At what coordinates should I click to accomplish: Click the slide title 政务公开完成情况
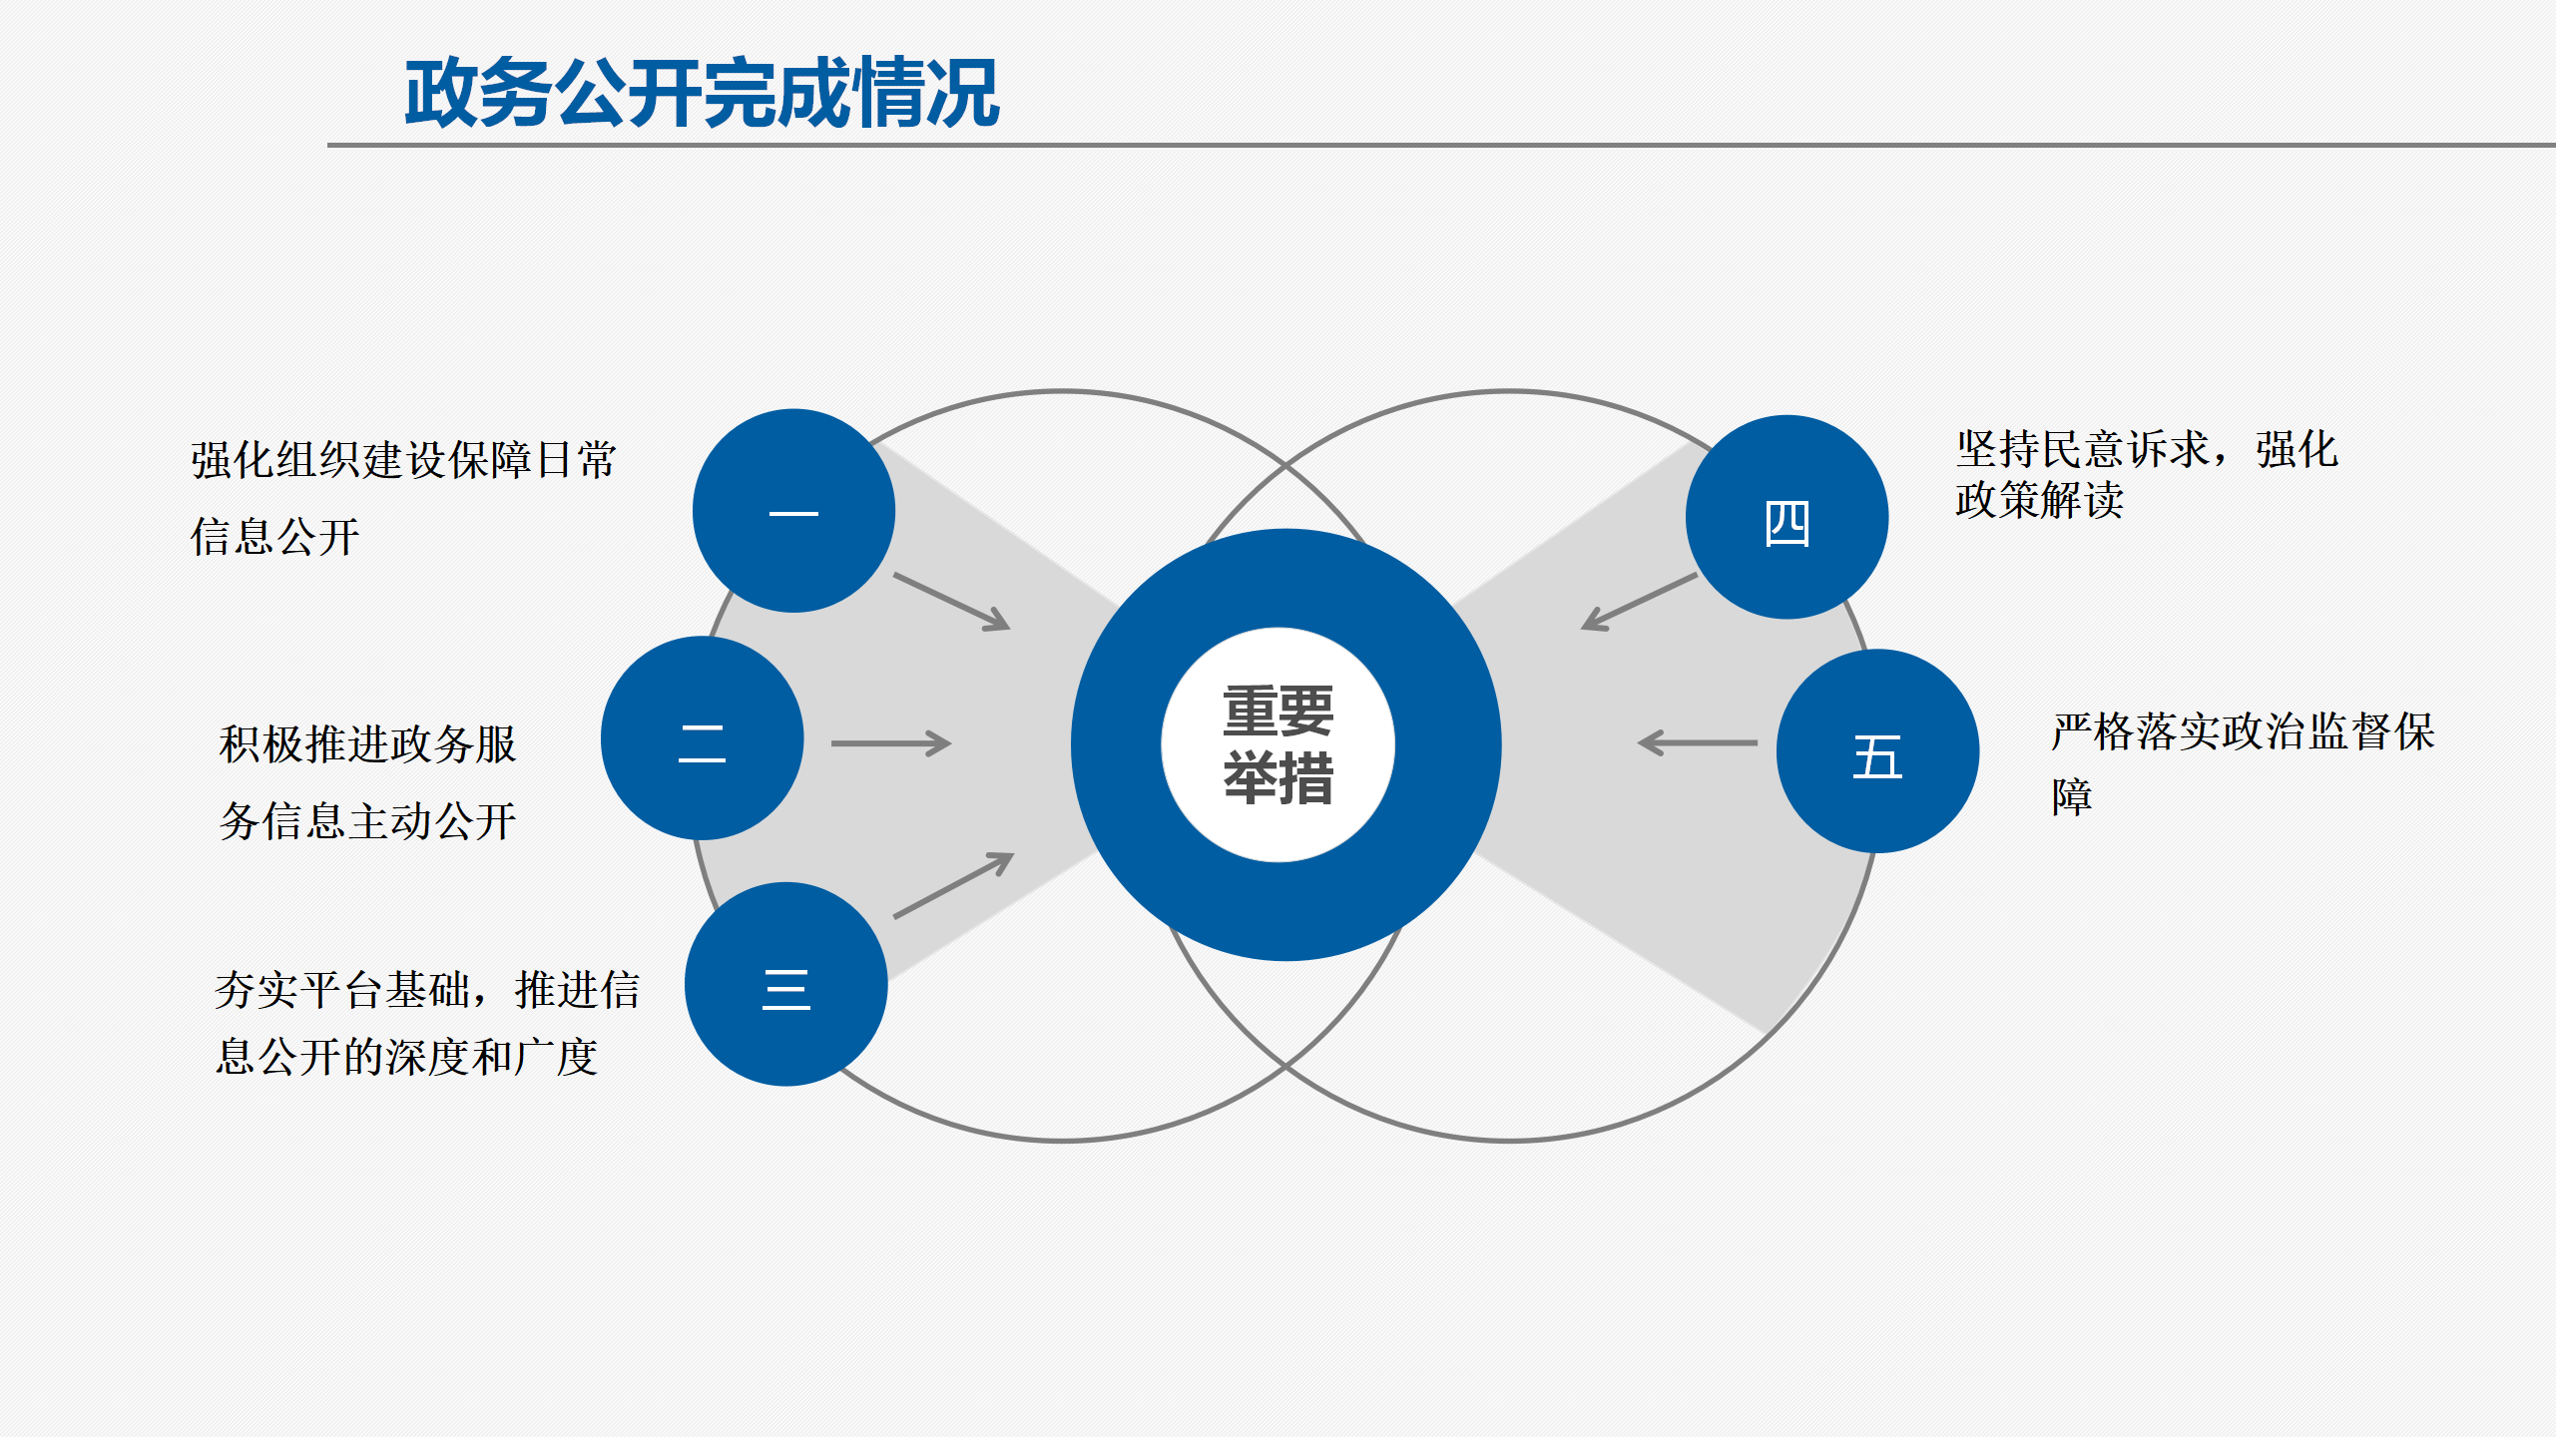702,93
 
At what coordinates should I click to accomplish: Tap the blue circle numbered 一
793,511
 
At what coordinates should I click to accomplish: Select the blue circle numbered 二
703,738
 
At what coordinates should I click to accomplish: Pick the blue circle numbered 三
786,984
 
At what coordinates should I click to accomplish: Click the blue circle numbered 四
1787,517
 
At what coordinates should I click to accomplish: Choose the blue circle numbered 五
1877,751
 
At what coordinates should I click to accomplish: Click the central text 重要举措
1278,744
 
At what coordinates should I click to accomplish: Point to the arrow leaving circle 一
952,602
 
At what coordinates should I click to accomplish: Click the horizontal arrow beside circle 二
891,743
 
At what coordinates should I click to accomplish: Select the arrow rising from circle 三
954,884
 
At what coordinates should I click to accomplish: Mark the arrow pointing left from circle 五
1698,743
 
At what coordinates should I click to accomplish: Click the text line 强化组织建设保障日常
404,460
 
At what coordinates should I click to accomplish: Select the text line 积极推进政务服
367,744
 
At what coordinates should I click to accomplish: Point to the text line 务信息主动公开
367,821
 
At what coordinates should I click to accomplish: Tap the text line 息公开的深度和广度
406,1057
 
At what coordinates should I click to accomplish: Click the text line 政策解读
2039,499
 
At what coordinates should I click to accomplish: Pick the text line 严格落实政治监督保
2244,731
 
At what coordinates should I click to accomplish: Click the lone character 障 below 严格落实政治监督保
2072,796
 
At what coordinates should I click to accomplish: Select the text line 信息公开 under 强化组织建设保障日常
274,537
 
